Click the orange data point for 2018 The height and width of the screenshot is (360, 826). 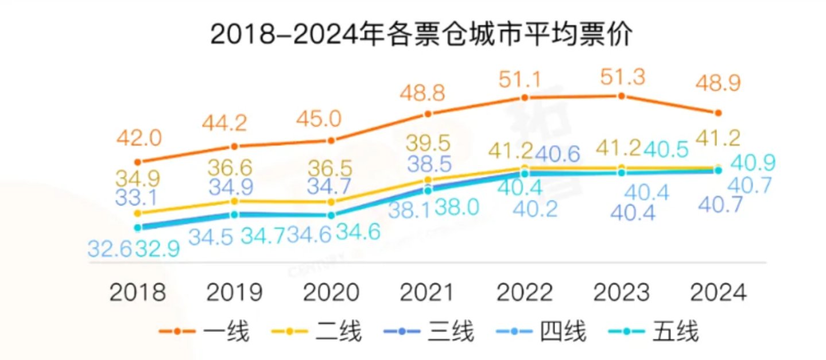pyautogui.click(x=137, y=161)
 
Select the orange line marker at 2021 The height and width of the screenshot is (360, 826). pyautogui.click(x=428, y=114)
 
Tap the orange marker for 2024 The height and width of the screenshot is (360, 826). pyautogui.click(x=718, y=111)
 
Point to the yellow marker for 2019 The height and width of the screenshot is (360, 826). pyautogui.click(x=234, y=201)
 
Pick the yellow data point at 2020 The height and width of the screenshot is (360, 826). pyautogui.click(x=331, y=202)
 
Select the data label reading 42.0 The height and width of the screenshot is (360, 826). pyautogui.click(x=139, y=138)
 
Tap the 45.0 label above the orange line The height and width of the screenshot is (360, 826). pyautogui.click(x=320, y=119)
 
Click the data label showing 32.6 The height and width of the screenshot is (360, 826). pyautogui.click(x=110, y=249)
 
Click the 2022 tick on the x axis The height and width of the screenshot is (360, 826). pyautogui.click(x=524, y=292)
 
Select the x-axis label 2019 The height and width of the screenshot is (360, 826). pyautogui.click(x=234, y=292)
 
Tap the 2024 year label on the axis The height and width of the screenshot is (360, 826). pyautogui.click(x=718, y=292)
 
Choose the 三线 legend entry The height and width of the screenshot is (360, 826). pyautogui.click(x=428, y=331)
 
